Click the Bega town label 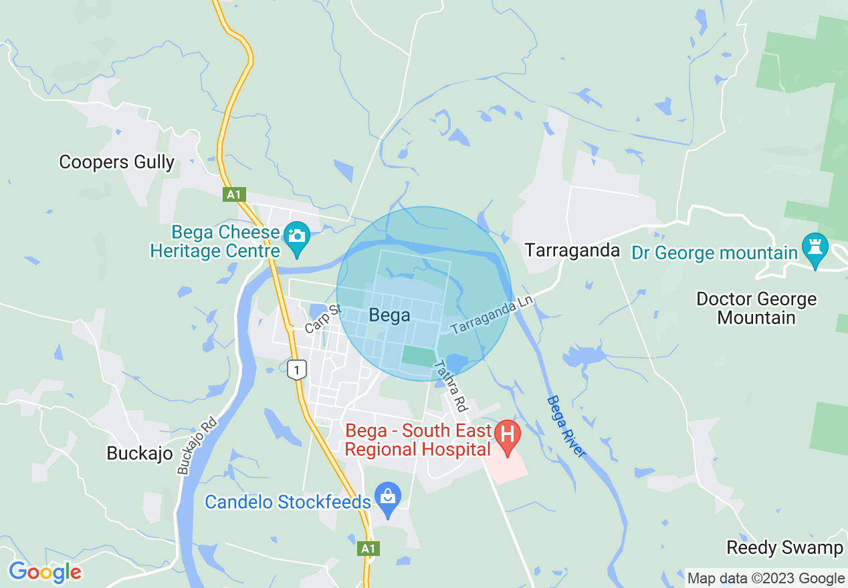389,315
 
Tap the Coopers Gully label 116,162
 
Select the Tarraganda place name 572,251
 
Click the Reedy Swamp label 784,548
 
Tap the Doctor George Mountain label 756,308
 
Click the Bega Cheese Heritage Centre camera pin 296,238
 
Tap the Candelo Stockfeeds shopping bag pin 387,498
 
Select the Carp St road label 322,319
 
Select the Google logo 45,573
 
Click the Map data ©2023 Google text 766,579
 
